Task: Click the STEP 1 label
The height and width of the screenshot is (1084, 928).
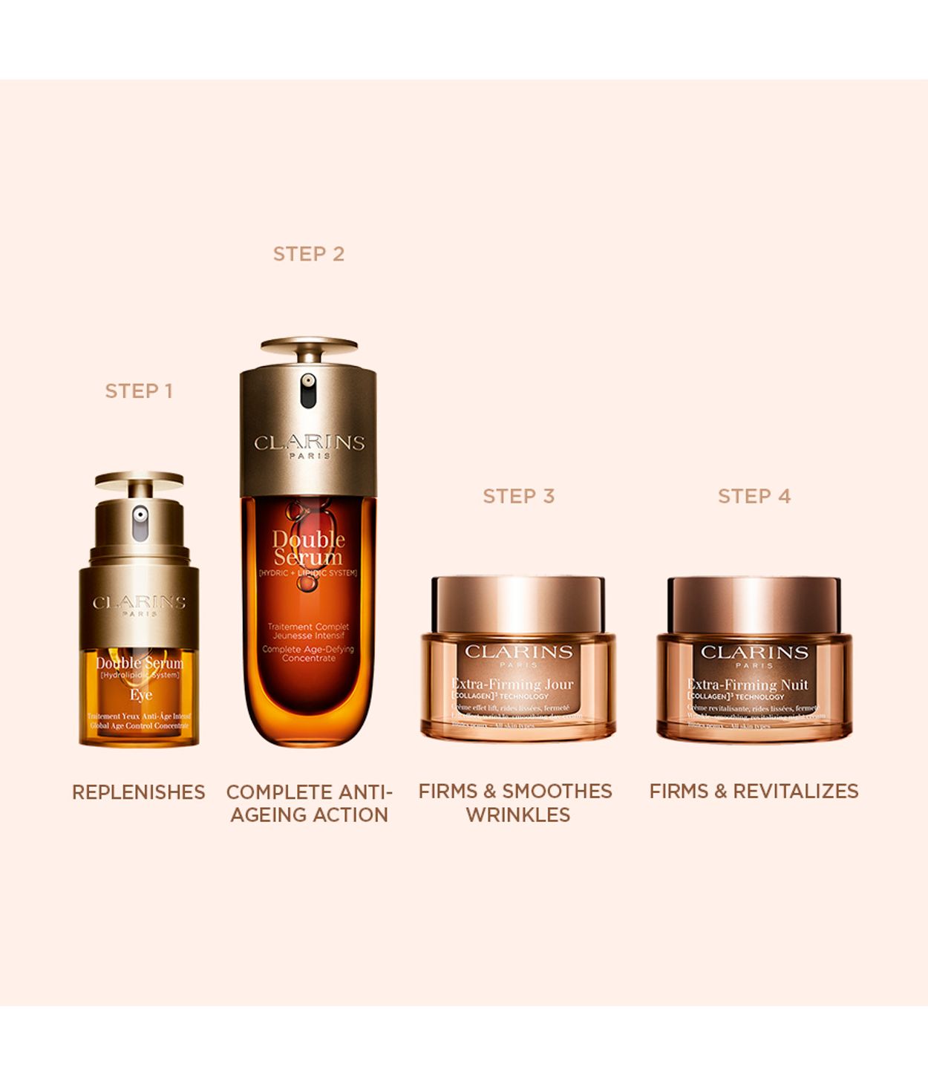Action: [139, 391]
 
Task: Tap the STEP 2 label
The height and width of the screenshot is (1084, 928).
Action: [308, 254]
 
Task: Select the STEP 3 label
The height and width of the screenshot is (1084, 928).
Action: [518, 496]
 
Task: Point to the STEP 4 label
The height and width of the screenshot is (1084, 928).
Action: [754, 496]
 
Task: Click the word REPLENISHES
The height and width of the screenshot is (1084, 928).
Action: [139, 792]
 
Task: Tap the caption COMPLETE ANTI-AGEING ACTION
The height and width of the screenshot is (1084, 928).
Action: [309, 803]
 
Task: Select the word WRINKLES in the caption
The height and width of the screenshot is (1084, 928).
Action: [518, 814]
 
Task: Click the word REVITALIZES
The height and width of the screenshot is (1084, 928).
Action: [795, 791]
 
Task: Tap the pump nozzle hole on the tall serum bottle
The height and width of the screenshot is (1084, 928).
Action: [308, 382]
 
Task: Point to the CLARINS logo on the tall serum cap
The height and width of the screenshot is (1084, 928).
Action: [309, 443]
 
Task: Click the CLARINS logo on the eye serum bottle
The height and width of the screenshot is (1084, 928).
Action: [139, 603]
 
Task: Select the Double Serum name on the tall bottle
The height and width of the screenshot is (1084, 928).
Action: [308, 548]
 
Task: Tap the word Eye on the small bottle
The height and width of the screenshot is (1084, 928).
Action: [141, 695]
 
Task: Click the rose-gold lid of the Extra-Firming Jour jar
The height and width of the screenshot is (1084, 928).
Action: [518, 604]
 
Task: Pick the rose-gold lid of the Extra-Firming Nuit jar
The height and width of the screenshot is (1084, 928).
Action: [754, 604]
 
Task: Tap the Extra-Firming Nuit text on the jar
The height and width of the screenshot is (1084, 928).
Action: [748, 685]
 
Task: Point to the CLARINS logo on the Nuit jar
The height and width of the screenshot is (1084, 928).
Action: [754, 653]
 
